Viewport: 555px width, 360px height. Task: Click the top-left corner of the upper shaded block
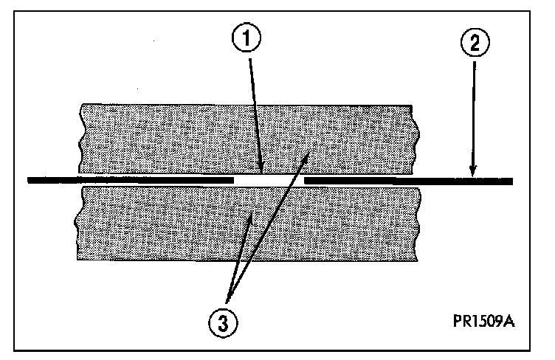click(x=81, y=105)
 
